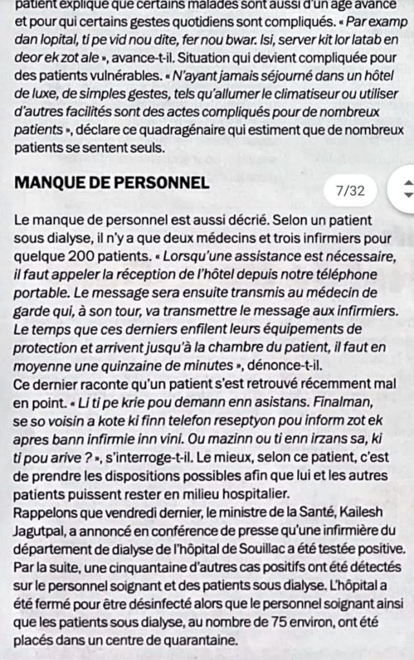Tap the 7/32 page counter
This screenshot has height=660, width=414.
tap(351, 190)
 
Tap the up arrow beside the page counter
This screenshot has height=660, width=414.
tap(407, 184)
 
